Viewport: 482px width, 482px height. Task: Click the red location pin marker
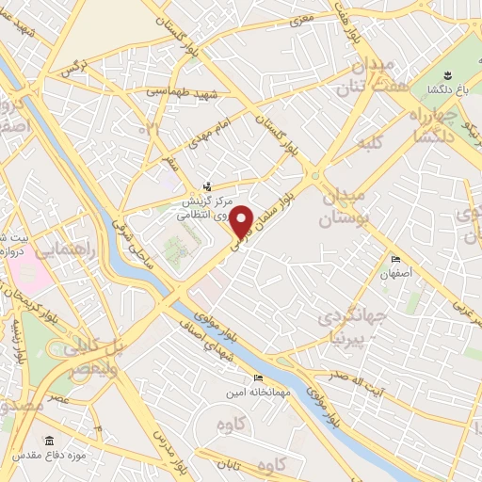pos(242,221)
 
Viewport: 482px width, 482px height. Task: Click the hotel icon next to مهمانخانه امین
pos(233,378)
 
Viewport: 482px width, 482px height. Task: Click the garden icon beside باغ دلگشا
pos(446,74)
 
